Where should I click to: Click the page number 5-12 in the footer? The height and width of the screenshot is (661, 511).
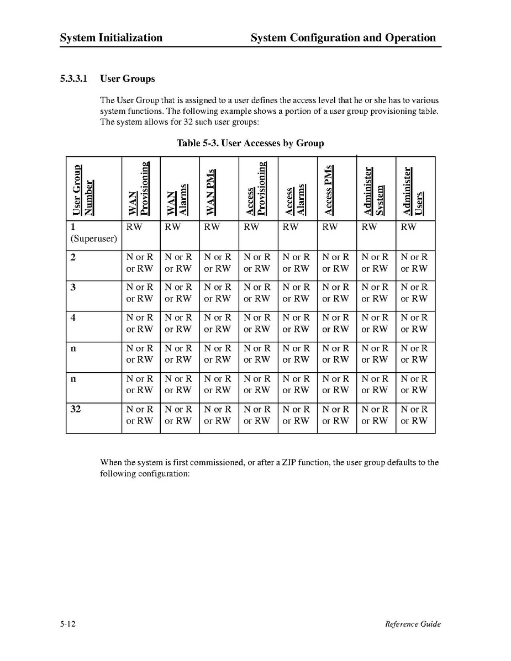pyautogui.click(x=68, y=624)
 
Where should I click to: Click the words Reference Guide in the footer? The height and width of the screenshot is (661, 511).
pyautogui.click(x=413, y=624)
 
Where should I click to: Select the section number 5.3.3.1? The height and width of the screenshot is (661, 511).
pyautogui.click(x=76, y=79)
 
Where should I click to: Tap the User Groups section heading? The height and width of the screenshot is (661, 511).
pyautogui.click(x=127, y=79)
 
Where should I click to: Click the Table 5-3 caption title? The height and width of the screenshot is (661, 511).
pyautogui.click(x=250, y=144)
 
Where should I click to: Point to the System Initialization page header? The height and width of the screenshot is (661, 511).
pyautogui.click(x=111, y=38)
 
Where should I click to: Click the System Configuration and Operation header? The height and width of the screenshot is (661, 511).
pyautogui.click(x=343, y=38)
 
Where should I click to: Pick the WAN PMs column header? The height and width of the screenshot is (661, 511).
pyautogui.click(x=212, y=192)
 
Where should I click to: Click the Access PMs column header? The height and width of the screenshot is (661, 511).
pyautogui.click(x=329, y=190)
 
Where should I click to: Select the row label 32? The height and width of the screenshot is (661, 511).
pyautogui.click(x=76, y=410)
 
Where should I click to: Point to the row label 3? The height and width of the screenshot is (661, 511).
pyautogui.click(x=73, y=287)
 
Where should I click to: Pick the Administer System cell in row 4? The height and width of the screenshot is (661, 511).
pyautogui.click(x=375, y=324)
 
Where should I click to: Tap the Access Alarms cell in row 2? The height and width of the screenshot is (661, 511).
pyautogui.click(x=297, y=263)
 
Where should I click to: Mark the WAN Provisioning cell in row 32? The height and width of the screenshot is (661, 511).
pyautogui.click(x=140, y=415)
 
